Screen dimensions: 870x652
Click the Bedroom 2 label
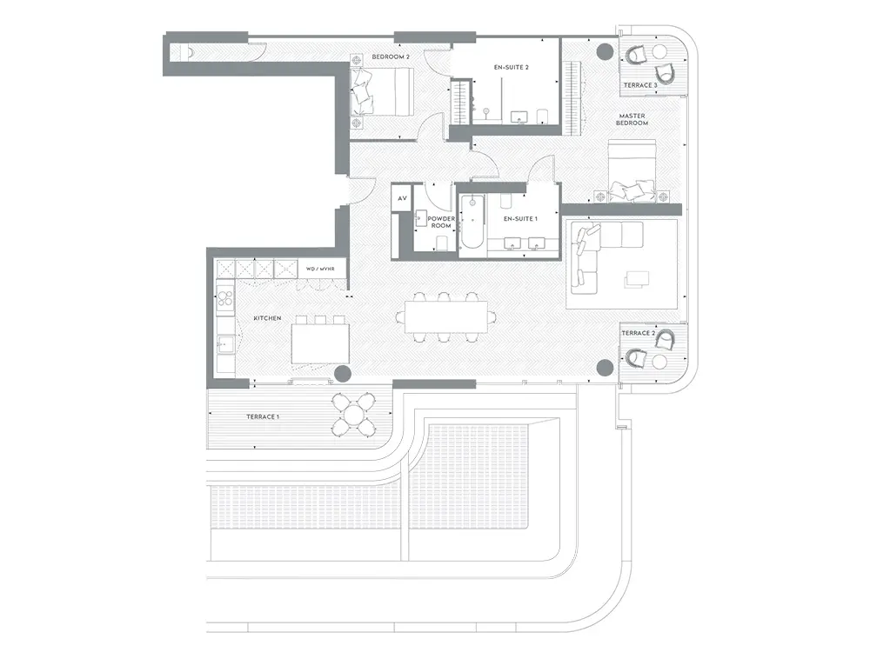click(391, 57)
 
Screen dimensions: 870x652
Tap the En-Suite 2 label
click(511, 68)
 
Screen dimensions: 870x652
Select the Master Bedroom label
click(632, 120)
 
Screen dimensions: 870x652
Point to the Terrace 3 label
click(640, 85)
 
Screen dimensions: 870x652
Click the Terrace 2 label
click(638, 333)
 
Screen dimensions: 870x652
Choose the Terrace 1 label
click(263, 417)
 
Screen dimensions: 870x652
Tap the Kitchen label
click(267, 318)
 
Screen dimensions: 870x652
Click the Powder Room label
click(441, 223)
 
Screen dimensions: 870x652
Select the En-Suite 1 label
click(520, 219)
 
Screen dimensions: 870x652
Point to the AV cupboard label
click(402, 198)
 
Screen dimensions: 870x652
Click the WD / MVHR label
click(320, 269)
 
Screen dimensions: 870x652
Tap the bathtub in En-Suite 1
click(472, 222)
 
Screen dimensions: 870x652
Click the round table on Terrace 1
click(353, 414)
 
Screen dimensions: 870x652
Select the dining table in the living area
click(446, 316)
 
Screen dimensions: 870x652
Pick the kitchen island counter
click(321, 343)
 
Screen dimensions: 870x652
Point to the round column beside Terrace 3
click(605, 53)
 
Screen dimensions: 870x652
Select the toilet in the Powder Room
click(442, 243)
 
